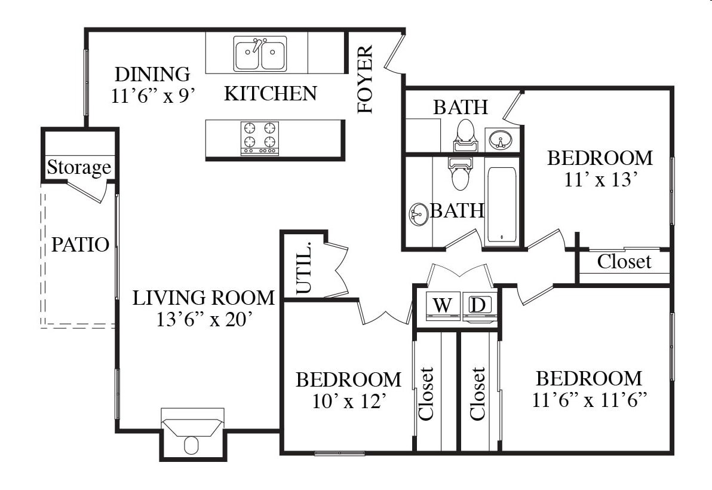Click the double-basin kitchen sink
pos(260,54)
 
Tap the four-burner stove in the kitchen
pos(260,138)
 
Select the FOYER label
pos(365,79)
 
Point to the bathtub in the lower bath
pos(502,206)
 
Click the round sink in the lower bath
pos(419,214)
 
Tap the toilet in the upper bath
pos(465,135)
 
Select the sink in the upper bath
pos(501,139)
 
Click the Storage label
pos(79,167)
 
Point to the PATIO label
pos(80,245)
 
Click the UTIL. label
pos(304,268)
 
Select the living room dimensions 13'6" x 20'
pos(204,319)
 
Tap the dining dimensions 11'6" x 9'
pos(153,96)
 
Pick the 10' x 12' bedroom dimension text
pos(349,401)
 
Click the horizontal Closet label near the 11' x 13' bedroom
pos(624,262)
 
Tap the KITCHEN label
pos(271,94)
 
